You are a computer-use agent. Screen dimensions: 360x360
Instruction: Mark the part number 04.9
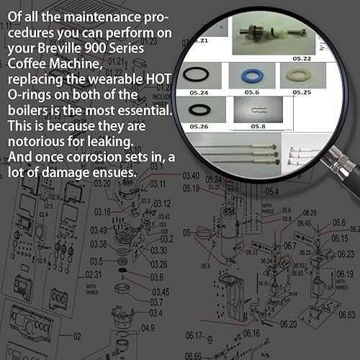[x=147, y=328]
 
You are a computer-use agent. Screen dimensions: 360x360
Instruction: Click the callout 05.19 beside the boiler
[x=191, y=189]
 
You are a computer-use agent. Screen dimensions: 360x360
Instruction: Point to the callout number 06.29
[x=310, y=212]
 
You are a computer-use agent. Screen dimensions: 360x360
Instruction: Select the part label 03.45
[x=160, y=292]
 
